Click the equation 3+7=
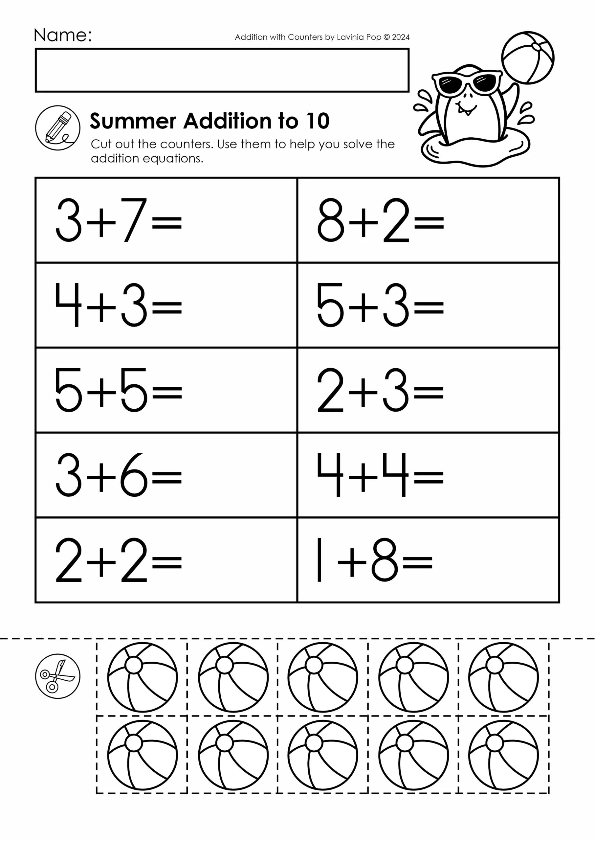coord(118,220)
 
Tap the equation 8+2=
coord(380,220)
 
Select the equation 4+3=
coord(118,305)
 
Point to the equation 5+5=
coord(118,390)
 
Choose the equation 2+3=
coord(380,390)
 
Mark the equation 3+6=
coord(118,475)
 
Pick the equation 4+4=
coord(380,475)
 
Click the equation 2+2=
coord(118,560)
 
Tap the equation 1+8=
coord(374,560)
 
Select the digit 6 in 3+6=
coord(134,475)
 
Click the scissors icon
coord(57,676)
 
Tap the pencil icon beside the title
coord(57,128)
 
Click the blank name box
coord(222,70)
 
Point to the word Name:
coord(63,35)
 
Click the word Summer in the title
coord(133,121)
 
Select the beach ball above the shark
coord(528,58)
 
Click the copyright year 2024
coord(401,37)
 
